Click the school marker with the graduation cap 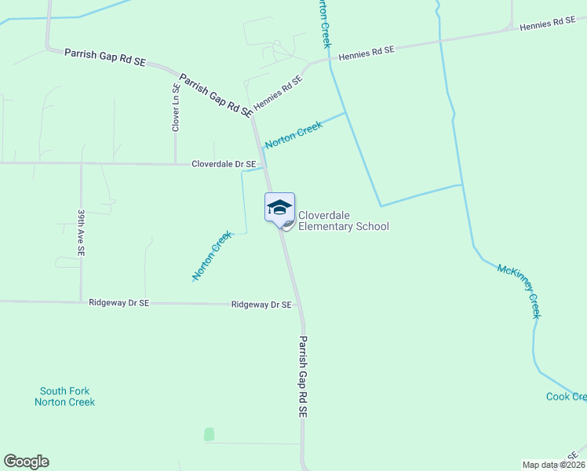click(279, 209)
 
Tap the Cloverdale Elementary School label click(343, 221)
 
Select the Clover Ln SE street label click(177, 107)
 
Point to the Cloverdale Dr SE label click(224, 164)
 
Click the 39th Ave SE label click(81, 232)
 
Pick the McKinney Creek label click(519, 290)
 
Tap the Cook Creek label click(566, 396)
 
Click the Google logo click(26, 462)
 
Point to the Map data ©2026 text click(552, 465)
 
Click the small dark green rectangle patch click(209, 434)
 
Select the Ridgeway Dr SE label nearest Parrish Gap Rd click(261, 305)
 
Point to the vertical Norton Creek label click(323, 24)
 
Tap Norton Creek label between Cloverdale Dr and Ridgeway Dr click(213, 256)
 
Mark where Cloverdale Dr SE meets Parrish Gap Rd click(264, 165)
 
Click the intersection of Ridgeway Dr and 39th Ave click(81, 301)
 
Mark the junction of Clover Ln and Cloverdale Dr click(176, 164)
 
